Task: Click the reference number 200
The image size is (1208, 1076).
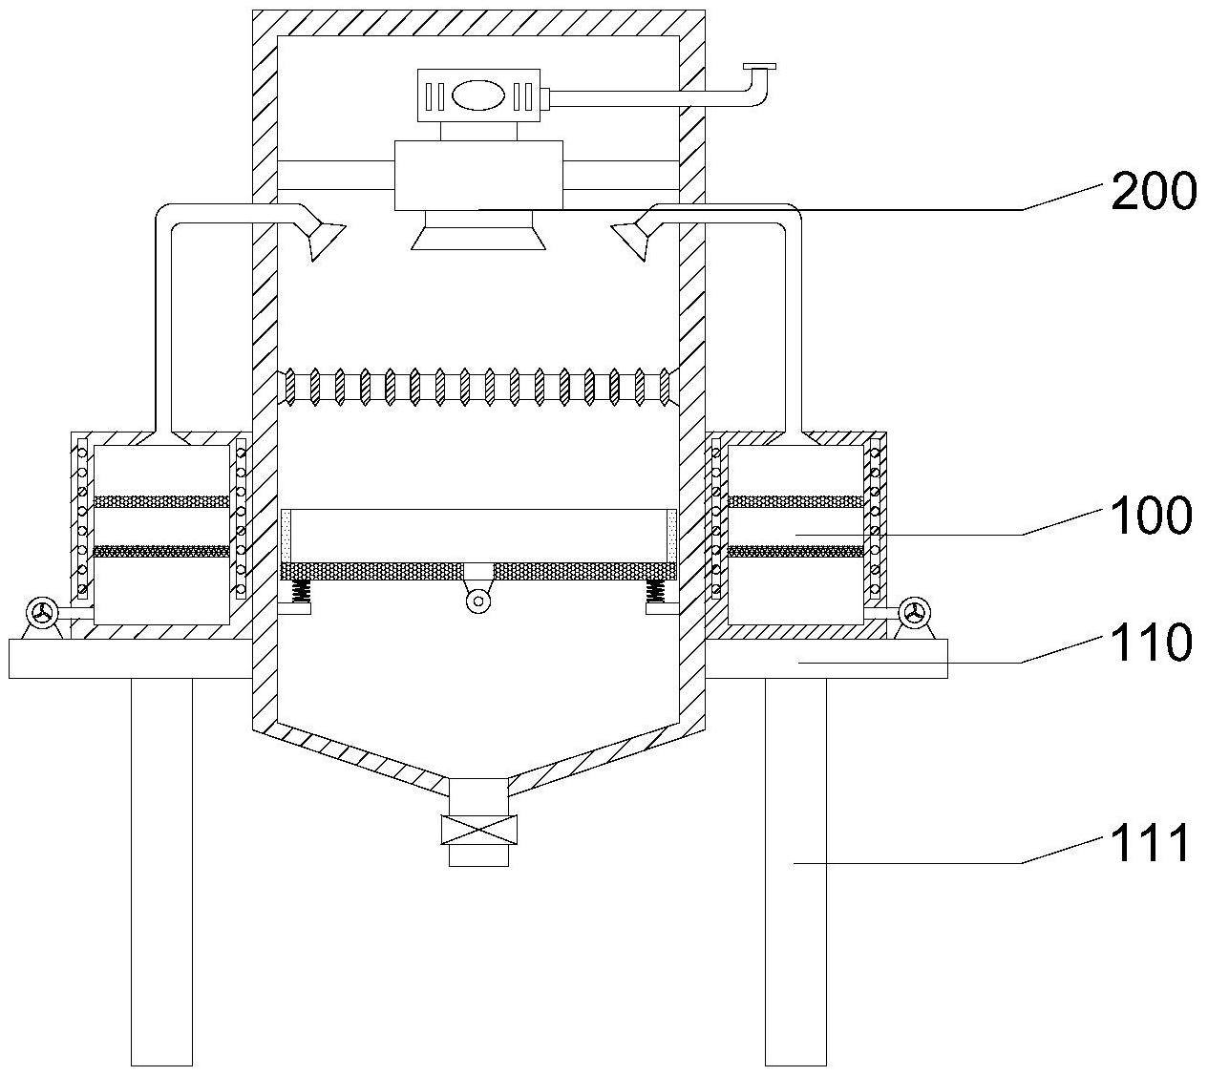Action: click(x=1154, y=190)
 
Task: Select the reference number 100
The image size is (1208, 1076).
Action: click(x=1152, y=516)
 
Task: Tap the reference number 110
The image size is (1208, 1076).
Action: click(x=1152, y=642)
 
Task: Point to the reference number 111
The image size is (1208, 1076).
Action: click(x=1150, y=842)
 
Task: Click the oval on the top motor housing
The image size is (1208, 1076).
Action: click(x=478, y=95)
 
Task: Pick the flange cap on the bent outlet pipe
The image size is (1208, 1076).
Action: click(x=759, y=66)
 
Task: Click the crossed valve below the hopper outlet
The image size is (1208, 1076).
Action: click(x=478, y=830)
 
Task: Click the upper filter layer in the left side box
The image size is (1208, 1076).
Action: click(x=161, y=501)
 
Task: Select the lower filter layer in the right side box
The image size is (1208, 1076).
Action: click(x=795, y=551)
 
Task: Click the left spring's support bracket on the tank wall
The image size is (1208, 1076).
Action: click(x=294, y=608)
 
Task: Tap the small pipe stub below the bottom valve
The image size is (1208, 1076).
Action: click(x=478, y=854)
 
